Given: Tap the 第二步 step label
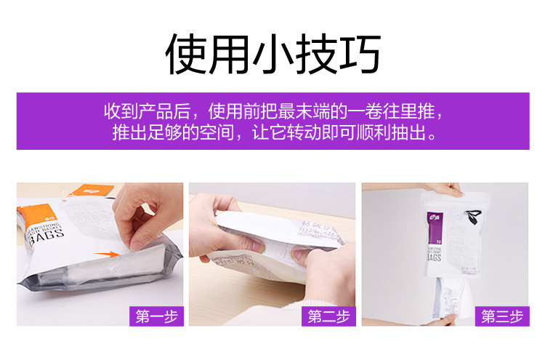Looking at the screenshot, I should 328,316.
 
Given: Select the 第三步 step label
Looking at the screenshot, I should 501,316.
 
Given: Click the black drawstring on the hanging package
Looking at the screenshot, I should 475,215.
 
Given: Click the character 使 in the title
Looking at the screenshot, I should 187,55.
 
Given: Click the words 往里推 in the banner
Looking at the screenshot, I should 414,113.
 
